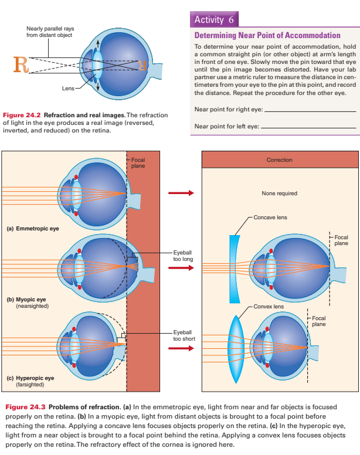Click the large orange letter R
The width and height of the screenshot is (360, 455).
point(19,63)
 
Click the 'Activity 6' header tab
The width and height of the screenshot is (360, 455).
point(214,19)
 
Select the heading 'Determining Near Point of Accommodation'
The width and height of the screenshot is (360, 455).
point(267,35)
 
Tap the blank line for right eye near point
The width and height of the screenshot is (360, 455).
point(310,110)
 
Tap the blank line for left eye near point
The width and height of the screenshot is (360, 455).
point(308,126)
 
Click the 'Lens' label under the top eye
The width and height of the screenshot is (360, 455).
point(68,89)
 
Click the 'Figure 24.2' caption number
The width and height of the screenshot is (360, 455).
point(22,116)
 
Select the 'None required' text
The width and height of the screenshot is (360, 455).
point(279,193)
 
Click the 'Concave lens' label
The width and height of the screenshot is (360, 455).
point(270,218)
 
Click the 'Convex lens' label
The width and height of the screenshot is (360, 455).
point(269,306)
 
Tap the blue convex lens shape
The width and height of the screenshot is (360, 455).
point(236,342)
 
